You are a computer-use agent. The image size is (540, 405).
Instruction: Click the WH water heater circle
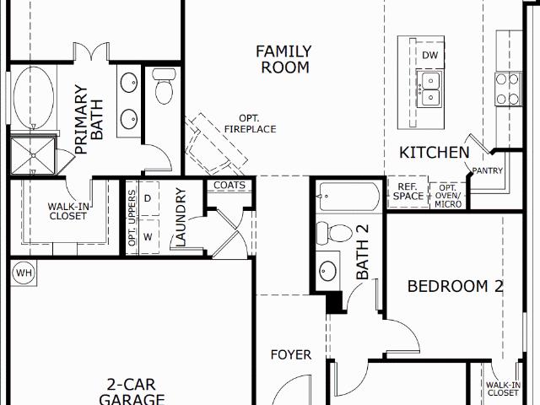tap(24, 273)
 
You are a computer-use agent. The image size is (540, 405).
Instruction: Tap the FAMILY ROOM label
tap(284, 59)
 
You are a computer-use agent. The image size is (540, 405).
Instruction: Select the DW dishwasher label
tap(429, 55)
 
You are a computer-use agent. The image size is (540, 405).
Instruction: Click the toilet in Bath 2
tap(334, 233)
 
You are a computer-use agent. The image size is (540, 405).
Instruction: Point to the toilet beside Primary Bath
tap(164, 86)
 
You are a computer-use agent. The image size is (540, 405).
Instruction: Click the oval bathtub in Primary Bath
tap(34, 98)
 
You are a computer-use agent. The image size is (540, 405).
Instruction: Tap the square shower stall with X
tap(33, 155)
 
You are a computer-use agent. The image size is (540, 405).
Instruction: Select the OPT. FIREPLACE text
tap(250, 124)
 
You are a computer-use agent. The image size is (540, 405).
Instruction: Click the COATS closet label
tap(229, 186)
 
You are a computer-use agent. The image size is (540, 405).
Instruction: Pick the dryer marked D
tap(148, 198)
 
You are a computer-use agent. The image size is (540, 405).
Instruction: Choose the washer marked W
tap(148, 236)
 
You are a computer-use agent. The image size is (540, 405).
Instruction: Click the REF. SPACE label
tap(408, 192)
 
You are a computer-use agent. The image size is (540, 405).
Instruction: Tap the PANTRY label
tap(488, 170)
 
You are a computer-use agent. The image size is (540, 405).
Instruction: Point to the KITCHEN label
tap(435, 153)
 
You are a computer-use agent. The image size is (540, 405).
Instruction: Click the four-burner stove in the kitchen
tap(507, 89)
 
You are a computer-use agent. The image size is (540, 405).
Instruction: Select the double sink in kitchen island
tap(429, 90)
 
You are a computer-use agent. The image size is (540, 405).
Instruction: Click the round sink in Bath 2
tap(327, 271)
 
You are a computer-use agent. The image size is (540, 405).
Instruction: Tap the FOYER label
tap(291, 354)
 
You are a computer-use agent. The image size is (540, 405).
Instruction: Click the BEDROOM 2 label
tap(456, 286)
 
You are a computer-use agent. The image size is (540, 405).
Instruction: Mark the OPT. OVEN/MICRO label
tap(448, 197)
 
